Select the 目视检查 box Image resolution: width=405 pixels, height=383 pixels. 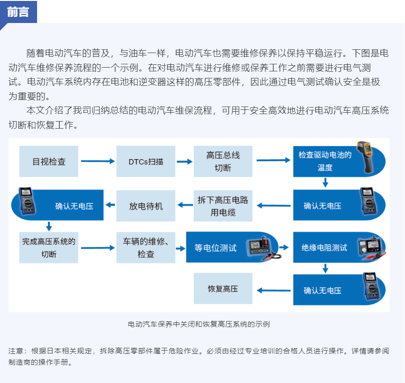point(49,161)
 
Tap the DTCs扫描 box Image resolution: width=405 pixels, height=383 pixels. point(146,161)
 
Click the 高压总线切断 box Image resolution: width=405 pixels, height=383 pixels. point(223,161)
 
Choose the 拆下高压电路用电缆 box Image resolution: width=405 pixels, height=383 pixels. point(223,206)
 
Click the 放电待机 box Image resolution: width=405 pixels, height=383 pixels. point(146,206)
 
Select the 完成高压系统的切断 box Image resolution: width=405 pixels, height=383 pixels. point(49,247)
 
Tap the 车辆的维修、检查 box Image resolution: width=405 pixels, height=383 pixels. point(146,247)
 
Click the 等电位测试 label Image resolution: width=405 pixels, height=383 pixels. point(215,248)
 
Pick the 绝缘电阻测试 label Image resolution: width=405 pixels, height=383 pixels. point(324,248)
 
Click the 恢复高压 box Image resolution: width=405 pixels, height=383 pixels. point(223,289)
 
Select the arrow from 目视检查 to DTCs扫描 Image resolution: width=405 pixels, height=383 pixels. point(98,161)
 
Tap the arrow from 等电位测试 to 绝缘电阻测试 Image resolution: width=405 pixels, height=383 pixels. point(284,247)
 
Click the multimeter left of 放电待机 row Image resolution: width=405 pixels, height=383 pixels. point(26,201)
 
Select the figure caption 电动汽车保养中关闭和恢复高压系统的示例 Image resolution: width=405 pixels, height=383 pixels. point(199,324)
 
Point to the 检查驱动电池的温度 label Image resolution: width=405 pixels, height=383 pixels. point(325,161)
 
